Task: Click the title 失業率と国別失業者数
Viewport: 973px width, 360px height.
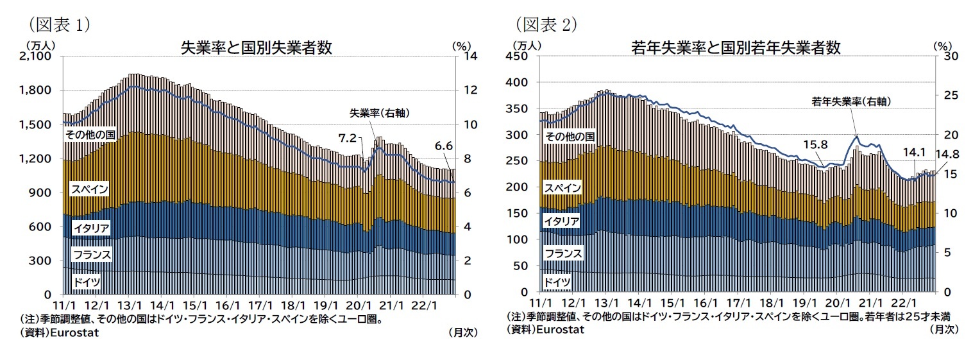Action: (256, 48)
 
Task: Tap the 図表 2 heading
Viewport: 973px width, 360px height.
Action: (546, 24)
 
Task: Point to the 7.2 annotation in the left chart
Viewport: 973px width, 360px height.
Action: (347, 138)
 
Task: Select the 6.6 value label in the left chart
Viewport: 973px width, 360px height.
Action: (444, 146)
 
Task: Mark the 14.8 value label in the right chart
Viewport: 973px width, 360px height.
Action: (947, 155)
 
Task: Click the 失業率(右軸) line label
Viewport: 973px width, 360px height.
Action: (379, 113)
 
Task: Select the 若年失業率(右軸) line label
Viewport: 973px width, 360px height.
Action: (851, 101)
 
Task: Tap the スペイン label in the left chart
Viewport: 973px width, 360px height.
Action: (89, 189)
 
